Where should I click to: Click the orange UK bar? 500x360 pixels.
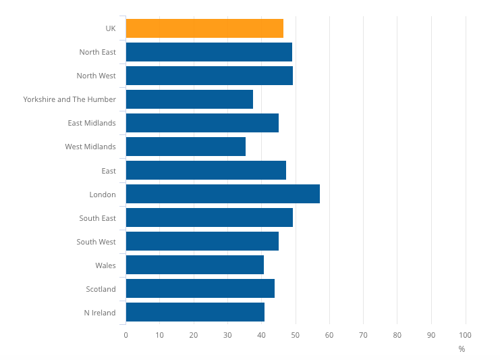click(x=204, y=28)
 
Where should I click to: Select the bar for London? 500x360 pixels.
click(x=223, y=194)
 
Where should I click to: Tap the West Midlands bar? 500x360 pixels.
click(x=186, y=147)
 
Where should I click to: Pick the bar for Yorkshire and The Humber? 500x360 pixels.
click(x=190, y=99)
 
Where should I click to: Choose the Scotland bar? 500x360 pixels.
click(x=200, y=288)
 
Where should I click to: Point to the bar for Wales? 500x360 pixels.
click(x=195, y=265)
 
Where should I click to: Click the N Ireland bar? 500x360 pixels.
click(x=195, y=312)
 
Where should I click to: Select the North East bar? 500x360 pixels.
click(x=209, y=52)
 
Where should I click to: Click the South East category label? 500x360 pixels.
click(x=97, y=218)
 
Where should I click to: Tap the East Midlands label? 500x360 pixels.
click(x=92, y=123)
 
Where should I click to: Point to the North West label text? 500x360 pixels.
click(x=96, y=76)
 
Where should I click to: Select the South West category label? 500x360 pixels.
click(x=96, y=242)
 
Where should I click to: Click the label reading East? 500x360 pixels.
click(x=109, y=171)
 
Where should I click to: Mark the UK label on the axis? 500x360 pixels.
click(x=110, y=28)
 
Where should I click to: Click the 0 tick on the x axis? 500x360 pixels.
click(x=126, y=335)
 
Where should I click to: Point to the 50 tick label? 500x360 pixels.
click(x=296, y=335)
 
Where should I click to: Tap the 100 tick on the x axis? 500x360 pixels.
click(x=465, y=335)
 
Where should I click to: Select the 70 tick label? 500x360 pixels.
click(x=363, y=335)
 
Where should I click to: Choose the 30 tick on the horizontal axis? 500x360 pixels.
click(x=227, y=335)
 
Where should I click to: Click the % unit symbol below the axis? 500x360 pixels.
click(x=462, y=349)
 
